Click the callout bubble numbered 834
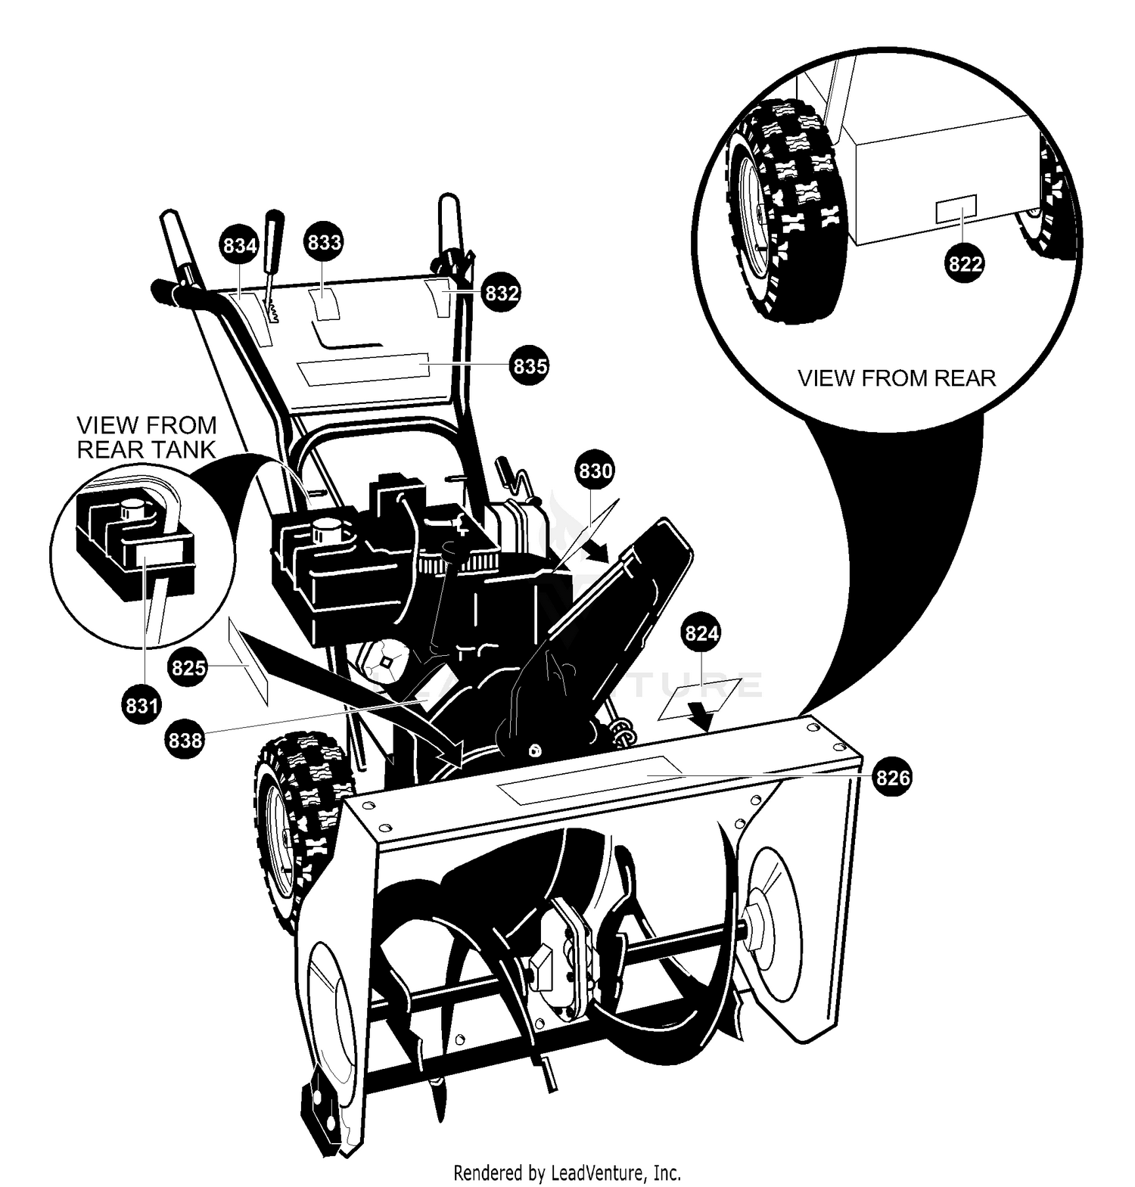pyautogui.click(x=239, y=245)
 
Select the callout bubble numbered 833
pyautogui.click(x=324, y=242)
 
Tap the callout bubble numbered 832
pyautogui.click(x=501, y=293)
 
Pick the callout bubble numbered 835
pyautogui.click(x=530, y=365)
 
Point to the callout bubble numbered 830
pyautogui.click(x=595, y=471)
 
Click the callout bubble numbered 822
pyautogui.click(x=965, y=264)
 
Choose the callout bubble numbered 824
pyautogui.click(x=701, y=632)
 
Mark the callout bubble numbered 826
pyautogui.click(x=893, y=777)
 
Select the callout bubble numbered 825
pyautogui.click(x=188, y=667)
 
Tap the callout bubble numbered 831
pyautogui.click(x=141, y=705)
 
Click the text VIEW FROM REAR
pyautogui.click(x=897, y=378)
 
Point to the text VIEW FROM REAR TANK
pyautogui.click(x=146, y=437)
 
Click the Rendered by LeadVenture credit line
pyautogui.click(x=567, y=1173)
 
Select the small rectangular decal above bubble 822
pyautogui.click(x=956, y=209)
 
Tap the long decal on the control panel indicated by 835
pyautogui.click(x=364, y=368)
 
